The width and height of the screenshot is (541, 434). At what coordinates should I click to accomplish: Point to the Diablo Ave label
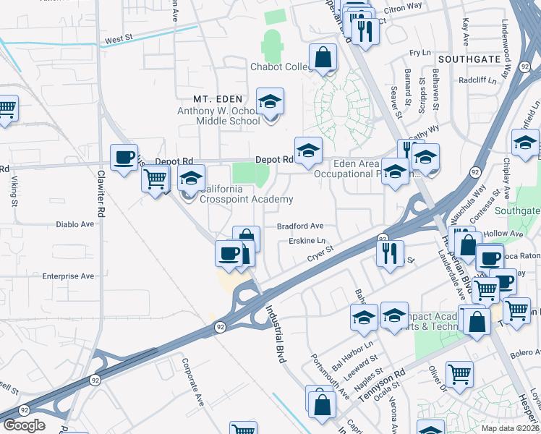pos(75,224)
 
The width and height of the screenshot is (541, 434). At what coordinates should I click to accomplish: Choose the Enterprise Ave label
pos(68,276)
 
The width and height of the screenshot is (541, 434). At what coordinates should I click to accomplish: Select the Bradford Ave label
pos(300,226)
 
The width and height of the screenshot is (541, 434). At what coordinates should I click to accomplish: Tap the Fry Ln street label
pos(419,53)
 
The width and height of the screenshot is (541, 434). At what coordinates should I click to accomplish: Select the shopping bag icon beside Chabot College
pos(323,57)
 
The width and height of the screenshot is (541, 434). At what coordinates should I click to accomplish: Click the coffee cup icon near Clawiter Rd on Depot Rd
pos(124,157)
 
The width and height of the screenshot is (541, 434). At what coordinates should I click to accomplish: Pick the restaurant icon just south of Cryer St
pos(390,253)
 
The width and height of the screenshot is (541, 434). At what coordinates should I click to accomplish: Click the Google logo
pos(24,425)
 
